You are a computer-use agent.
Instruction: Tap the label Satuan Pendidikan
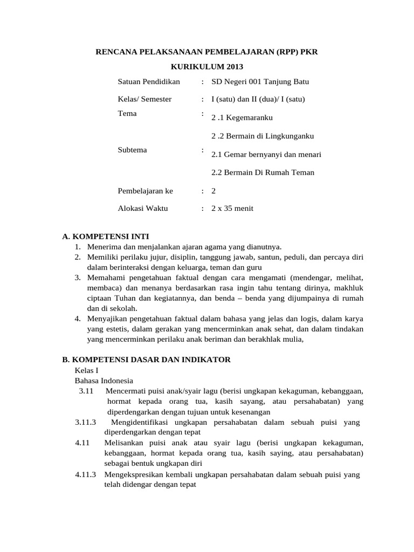pyautogui.click(x=149, y=81)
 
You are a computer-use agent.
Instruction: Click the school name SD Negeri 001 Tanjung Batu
pyautogui.click(x=260, y=81)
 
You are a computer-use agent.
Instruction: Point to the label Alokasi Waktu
pyautogui.click(x=143, y=209)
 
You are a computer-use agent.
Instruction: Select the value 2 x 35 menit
pyautogui.click(x=232, y=209)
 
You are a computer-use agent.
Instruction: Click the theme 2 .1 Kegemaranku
pyautogui.click(x=243, y=118)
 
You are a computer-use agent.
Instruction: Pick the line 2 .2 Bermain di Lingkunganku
pyautogui.click(x=263, y=136)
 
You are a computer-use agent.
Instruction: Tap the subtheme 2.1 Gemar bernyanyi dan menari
pyautogui.click(x=266, y=154)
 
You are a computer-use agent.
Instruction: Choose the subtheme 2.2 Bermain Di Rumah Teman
pyautogui.click(x=263, y=172)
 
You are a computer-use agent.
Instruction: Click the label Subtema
pyautogui.click(x=132, y=150)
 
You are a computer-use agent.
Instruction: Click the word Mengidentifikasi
pyautogui.click(x=142, y=422)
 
